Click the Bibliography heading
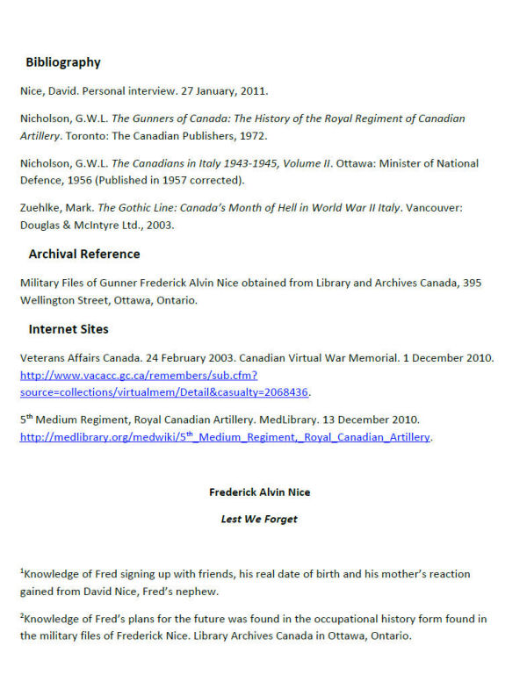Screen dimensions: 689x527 (x=62, y=62)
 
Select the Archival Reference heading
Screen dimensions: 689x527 (x=83, y=254)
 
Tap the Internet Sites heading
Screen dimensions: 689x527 (x=69, y=329)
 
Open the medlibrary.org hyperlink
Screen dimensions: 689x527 (x=225, y=436)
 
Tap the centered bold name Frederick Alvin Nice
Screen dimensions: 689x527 (x=259, y=492)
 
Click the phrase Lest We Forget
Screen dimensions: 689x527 (x=259, y=519)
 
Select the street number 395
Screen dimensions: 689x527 (x=473, y=283)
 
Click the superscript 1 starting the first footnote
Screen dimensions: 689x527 (x=22, y=571)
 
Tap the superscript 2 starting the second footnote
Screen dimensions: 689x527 (x=22, y=616)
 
